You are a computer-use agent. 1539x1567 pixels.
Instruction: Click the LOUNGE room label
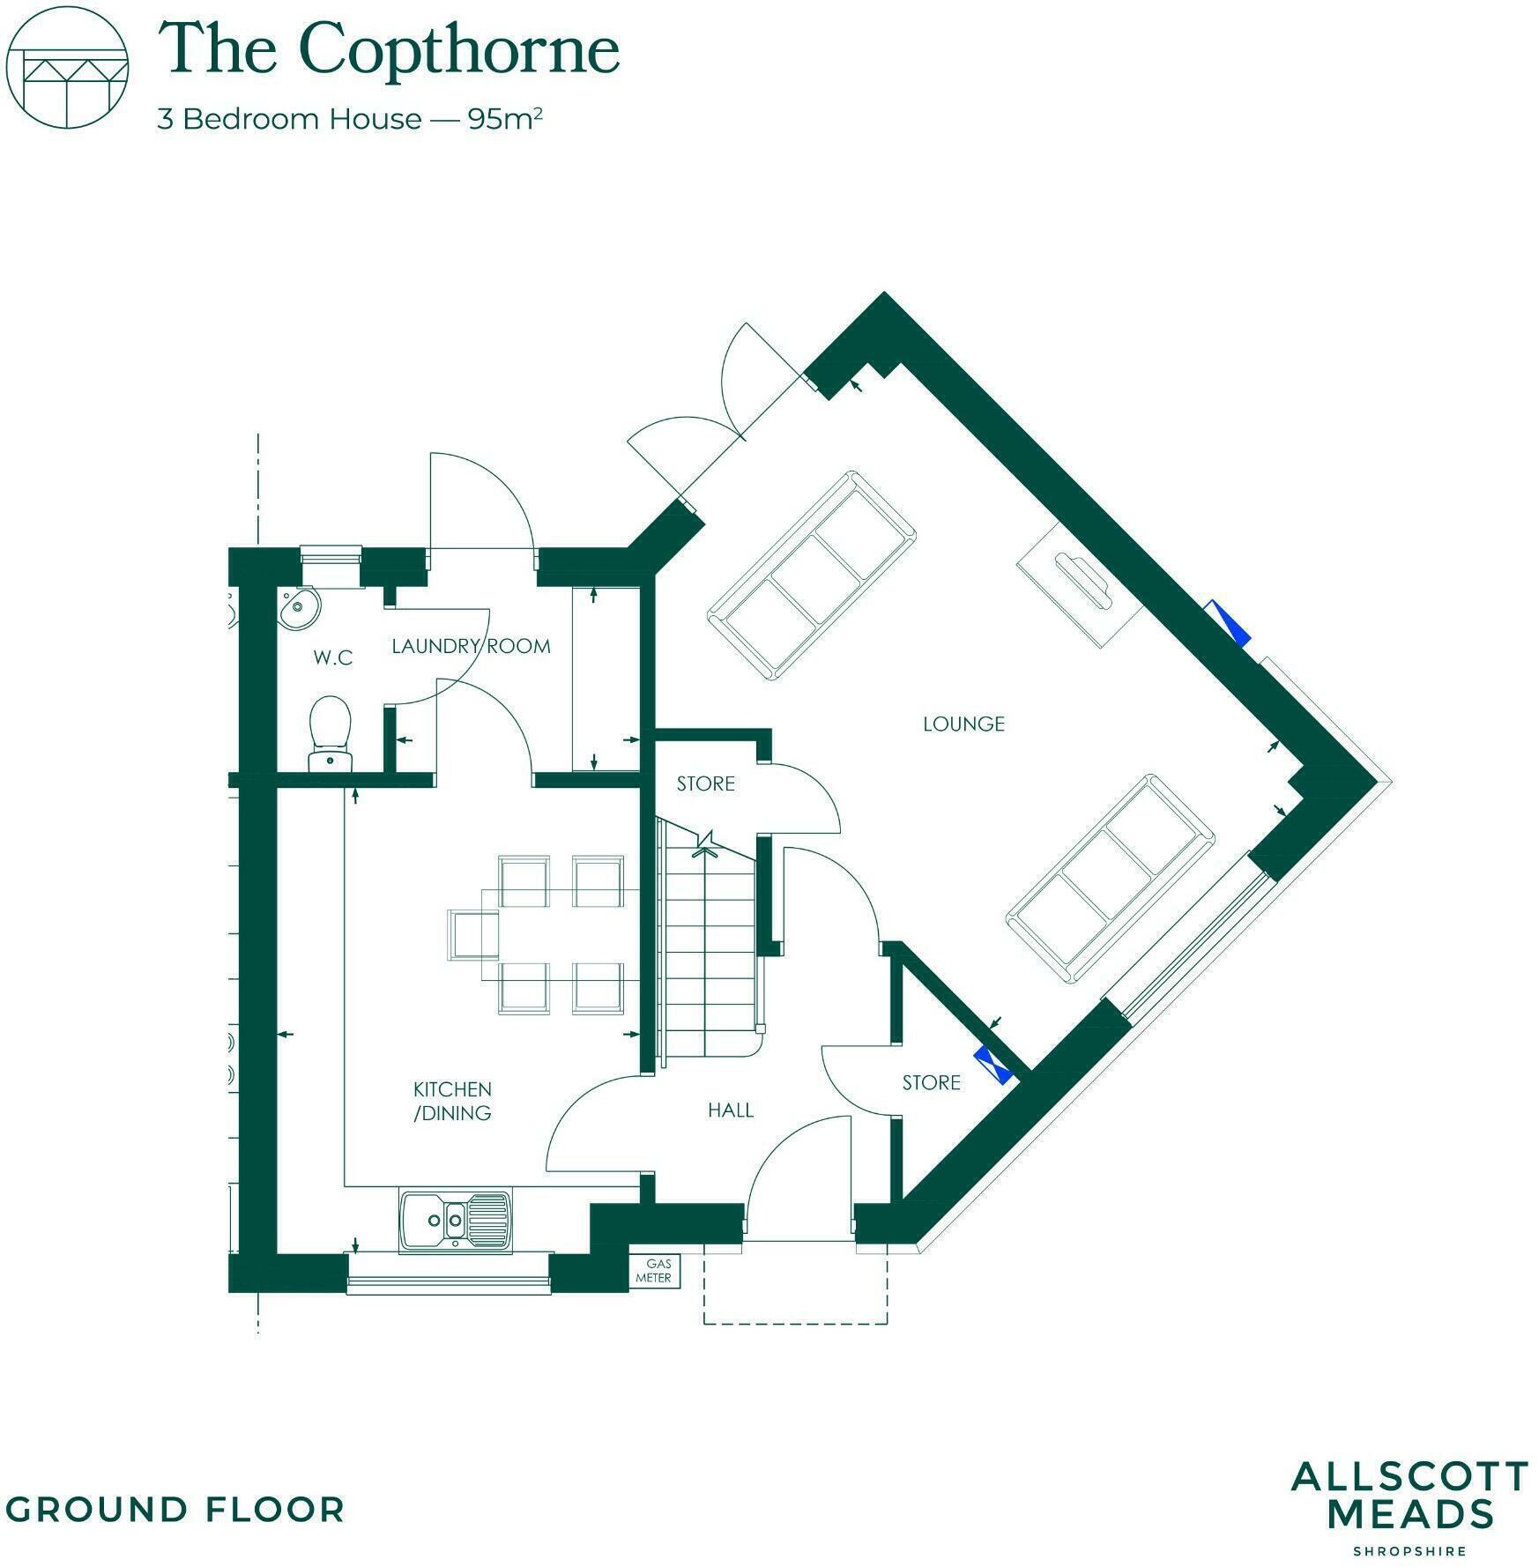963,724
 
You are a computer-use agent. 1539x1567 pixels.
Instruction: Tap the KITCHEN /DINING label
453,1101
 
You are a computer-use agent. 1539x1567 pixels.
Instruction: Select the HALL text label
731,1110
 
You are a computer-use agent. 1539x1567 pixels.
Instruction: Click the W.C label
333,657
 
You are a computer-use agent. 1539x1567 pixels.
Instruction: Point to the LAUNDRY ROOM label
471,646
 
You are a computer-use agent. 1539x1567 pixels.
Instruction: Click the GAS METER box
654,1270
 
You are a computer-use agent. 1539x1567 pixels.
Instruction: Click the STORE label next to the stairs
705,783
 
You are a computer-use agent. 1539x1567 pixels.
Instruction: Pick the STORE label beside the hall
931,1082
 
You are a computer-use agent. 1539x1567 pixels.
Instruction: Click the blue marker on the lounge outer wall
1229,622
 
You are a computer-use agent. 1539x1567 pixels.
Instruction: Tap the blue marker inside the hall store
993,1065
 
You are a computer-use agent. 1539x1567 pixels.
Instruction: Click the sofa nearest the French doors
810,575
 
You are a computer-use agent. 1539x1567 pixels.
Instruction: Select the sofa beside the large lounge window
1111,879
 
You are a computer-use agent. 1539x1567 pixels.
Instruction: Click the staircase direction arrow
706,843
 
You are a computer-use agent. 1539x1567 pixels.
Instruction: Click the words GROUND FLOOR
175,1509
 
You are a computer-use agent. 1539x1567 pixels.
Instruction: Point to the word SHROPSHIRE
1409,1551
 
